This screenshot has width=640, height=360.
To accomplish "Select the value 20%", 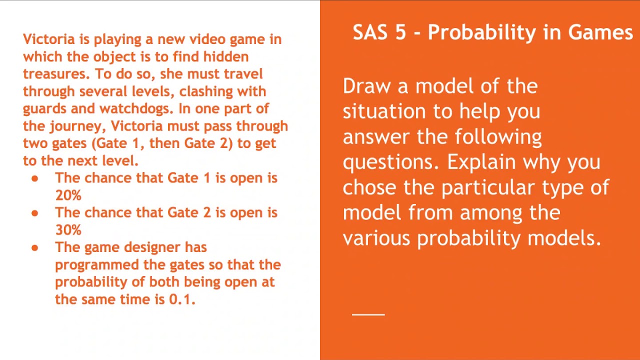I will (68, 195).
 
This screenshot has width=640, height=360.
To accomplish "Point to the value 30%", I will (68, 230).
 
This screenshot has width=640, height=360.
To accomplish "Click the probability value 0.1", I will (180, 299).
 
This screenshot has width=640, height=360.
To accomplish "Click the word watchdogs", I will (135, 109).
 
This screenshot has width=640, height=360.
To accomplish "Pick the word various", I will (376, 238).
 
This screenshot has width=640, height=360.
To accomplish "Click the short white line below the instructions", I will (368, 314).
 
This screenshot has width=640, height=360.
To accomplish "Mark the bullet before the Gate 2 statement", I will (34, 213).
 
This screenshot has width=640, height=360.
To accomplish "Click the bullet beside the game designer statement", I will (34, 247).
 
